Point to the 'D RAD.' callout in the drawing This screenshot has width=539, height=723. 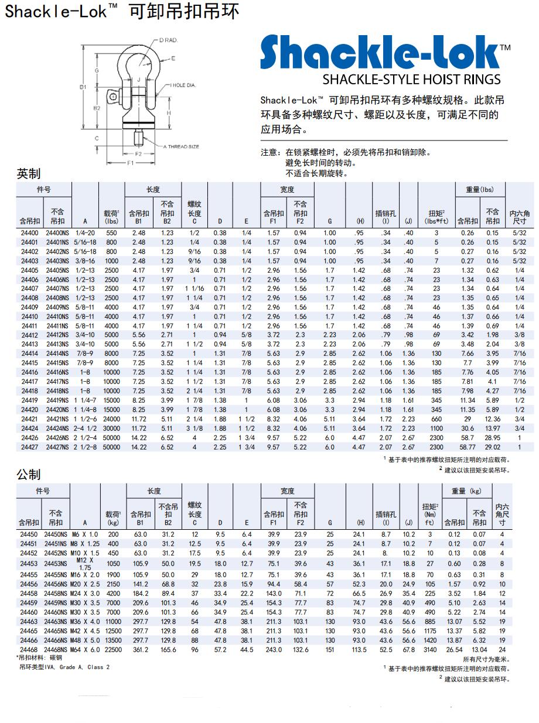tap(168, 40)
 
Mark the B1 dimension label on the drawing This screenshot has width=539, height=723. tap(84, 87)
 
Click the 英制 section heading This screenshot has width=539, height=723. tap(29, 174)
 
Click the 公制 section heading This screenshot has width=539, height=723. tap(29, 474)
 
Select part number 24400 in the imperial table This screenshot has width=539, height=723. tap(29, 233)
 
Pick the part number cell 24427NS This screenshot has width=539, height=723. tap(57, 447)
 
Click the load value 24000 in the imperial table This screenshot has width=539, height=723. tap(111, 419)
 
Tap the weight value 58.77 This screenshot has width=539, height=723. tap(468, 447)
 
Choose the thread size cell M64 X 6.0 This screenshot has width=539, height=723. tap(85, 649)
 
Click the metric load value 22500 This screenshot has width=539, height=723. tap(113, 649)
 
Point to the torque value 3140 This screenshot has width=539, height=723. tap(429, 649)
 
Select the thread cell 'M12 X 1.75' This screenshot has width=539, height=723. tap(85, 564)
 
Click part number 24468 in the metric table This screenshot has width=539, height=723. tap(29, 649)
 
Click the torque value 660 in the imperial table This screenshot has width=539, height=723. tap(436, 419)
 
